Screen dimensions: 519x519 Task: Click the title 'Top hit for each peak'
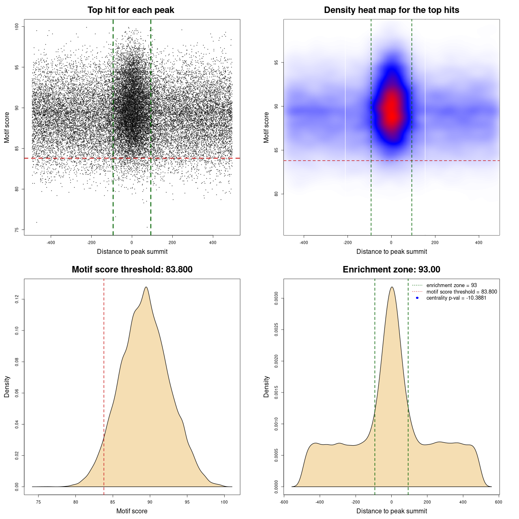[131, 10]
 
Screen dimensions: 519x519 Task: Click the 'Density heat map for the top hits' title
[391, 10]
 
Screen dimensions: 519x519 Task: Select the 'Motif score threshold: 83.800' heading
[132, 270]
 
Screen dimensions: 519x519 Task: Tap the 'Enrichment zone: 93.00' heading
[391, 270]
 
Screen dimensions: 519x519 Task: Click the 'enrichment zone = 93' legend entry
[451, 285]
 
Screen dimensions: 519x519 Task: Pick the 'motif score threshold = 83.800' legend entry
[461, 292]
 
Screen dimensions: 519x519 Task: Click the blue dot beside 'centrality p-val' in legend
[417, 298]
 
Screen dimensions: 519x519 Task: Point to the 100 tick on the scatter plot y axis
[17, 27]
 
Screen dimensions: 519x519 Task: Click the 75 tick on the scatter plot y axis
[17, 230]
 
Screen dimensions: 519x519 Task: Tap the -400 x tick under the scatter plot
[51, 242]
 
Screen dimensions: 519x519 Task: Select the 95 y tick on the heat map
[277, 62]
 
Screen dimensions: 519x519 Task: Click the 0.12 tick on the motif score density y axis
[17, 299]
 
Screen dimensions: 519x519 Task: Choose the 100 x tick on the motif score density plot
[224, 502]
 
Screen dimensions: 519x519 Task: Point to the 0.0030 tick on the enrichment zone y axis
[277, 298]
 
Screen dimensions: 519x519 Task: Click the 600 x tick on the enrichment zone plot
[498, 502]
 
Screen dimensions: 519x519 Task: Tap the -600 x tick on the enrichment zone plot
[284, 502]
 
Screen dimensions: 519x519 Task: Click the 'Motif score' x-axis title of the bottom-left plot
[132, 511]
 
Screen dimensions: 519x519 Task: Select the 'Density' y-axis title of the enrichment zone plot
[266, 386]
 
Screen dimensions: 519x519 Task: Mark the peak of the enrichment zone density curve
[392, 287]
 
